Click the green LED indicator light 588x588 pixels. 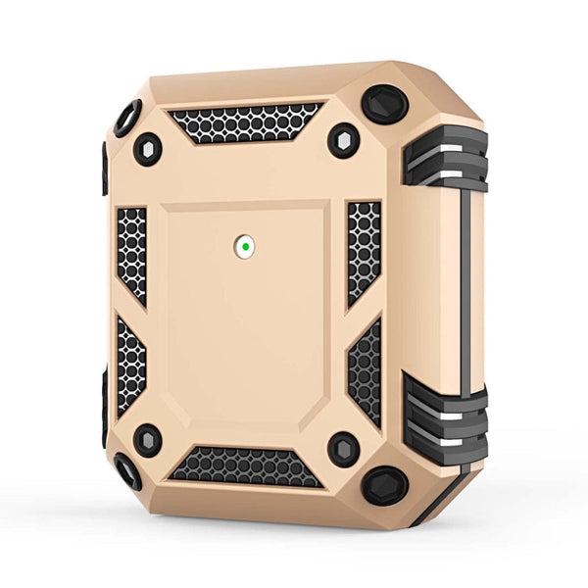tap(244, 247)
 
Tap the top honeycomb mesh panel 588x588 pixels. tap(244, 122)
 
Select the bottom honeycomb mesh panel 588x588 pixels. tap(245, 465)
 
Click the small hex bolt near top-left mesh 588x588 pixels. tap(148, 149)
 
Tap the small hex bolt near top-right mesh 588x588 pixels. tap(343, 141)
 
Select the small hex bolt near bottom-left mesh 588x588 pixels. tap(148, 440)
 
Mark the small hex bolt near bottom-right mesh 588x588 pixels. tap(343, 450)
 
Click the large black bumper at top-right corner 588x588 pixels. tap(384, 104)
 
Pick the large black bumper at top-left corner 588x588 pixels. tap(127, 118)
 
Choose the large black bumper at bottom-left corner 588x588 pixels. tap(127, 471)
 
